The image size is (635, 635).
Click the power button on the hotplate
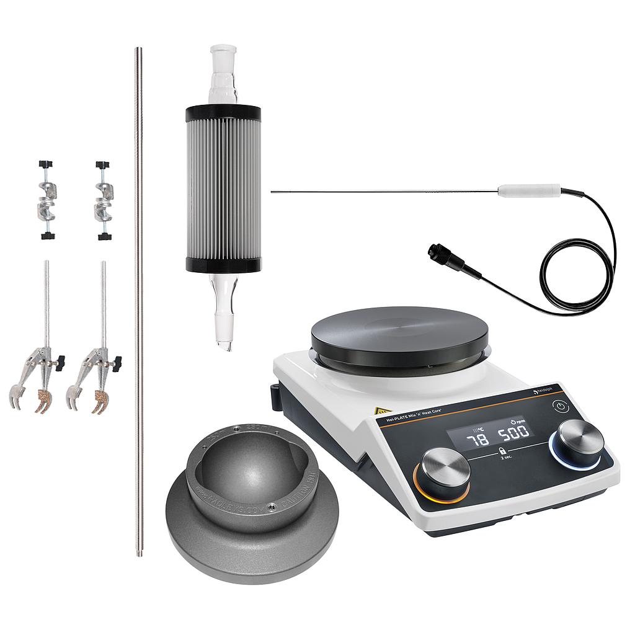pyautogui.click(x=560, y=407)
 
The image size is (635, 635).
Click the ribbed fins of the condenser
pyautogui.click(x=223, y=189)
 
